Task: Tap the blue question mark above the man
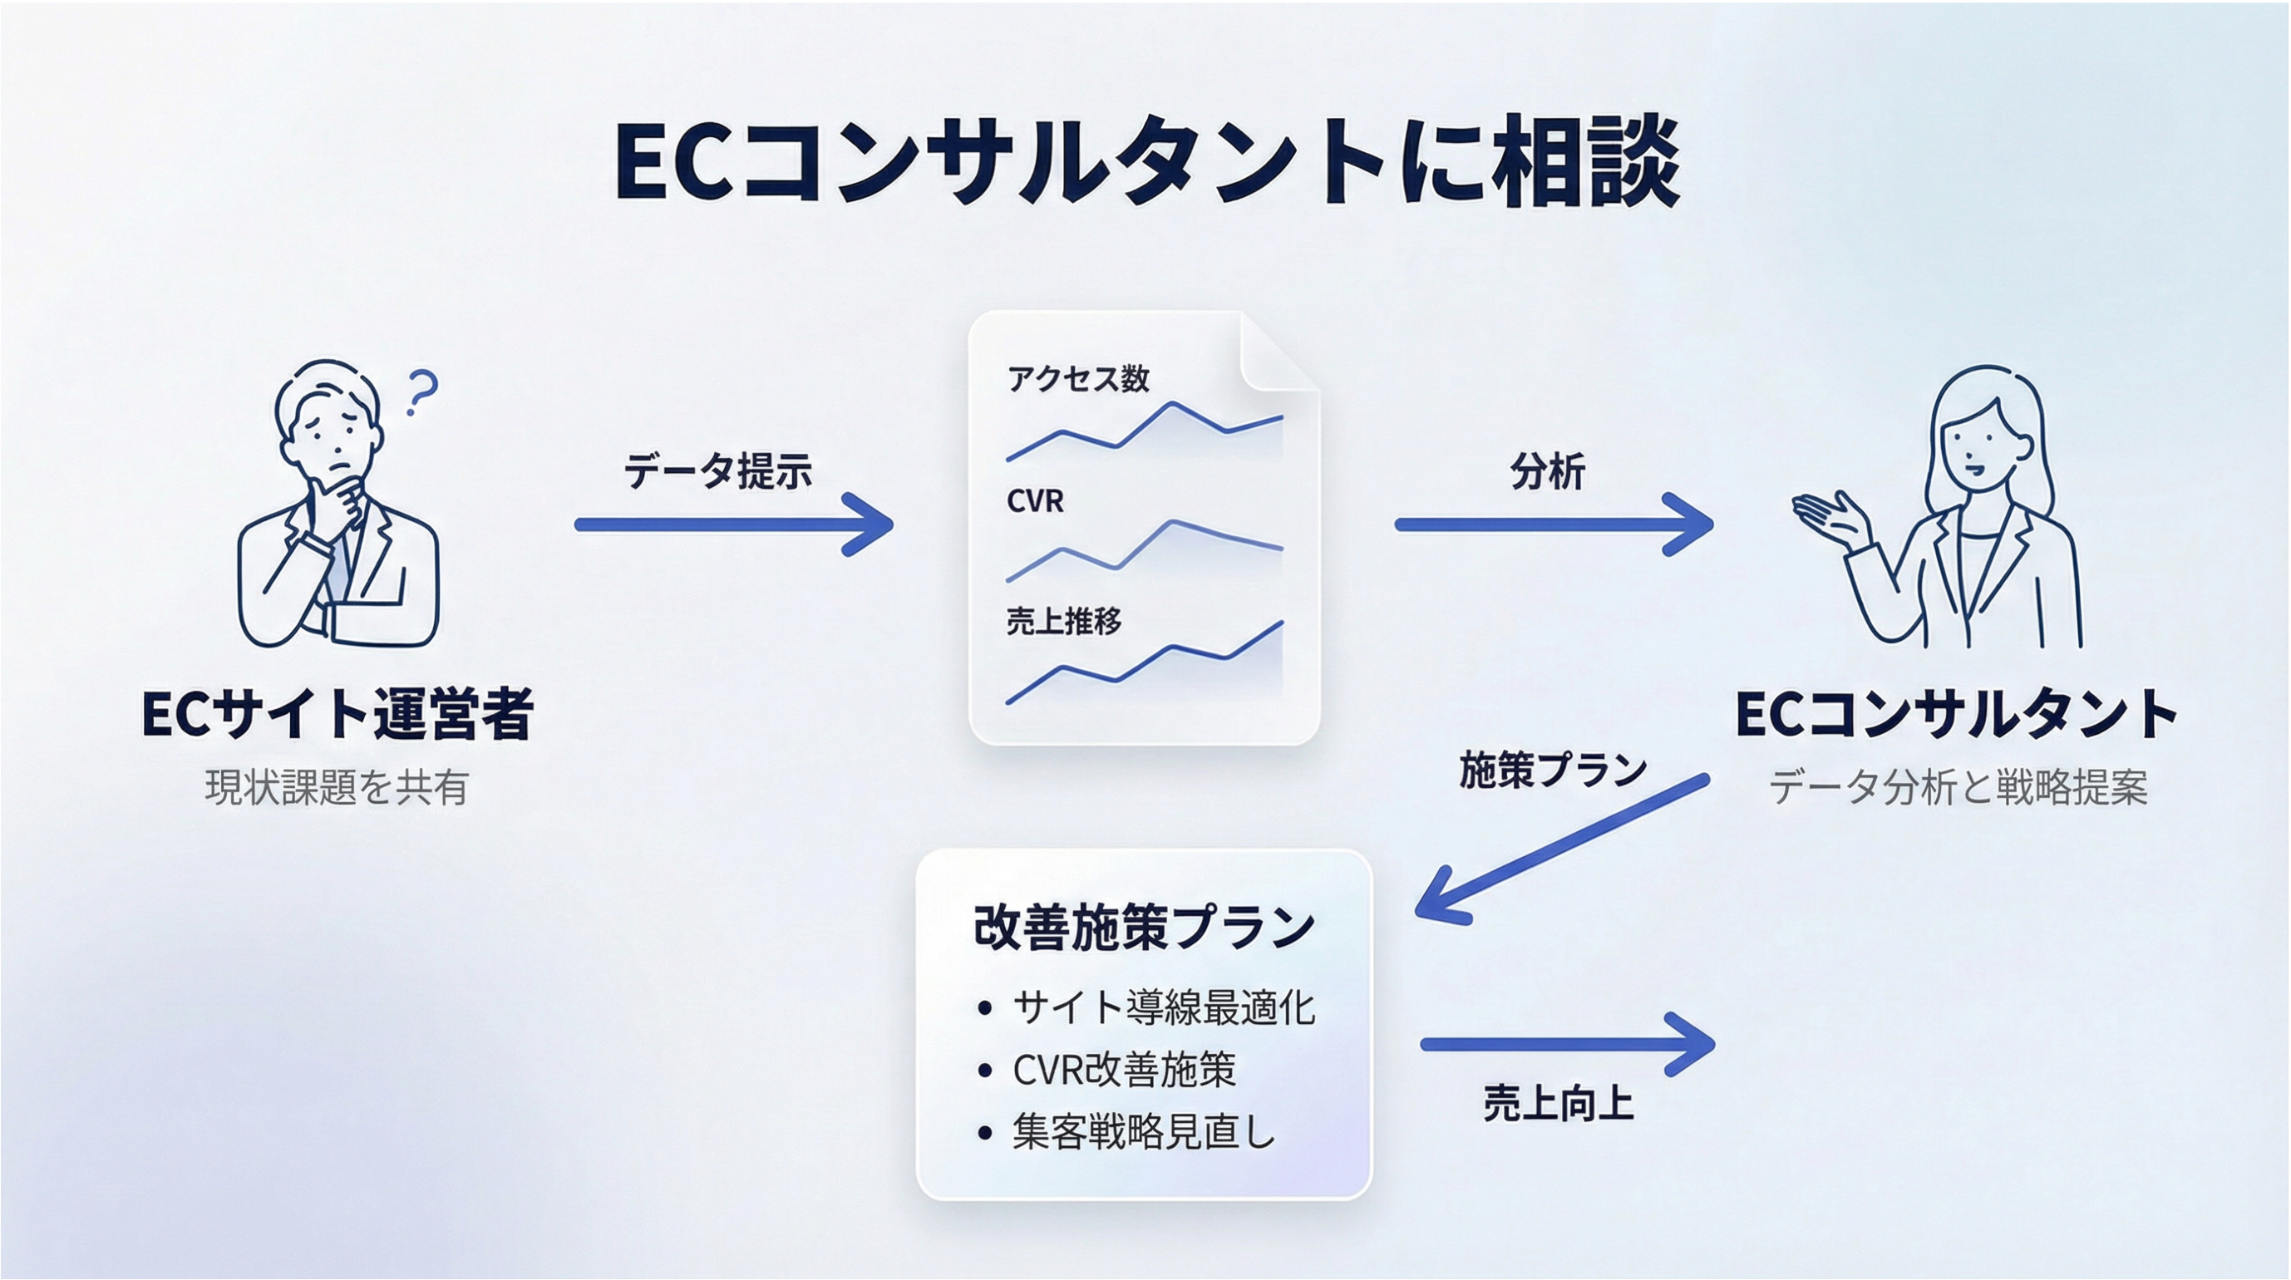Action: [x=421, y=392]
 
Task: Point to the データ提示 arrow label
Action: [x=717, y=470]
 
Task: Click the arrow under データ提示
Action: [x=734, y=524]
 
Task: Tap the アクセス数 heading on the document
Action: [x=1078, y=379]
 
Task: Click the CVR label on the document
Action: [x=1035, y=501]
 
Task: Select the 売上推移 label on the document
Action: [x=1064, y=621]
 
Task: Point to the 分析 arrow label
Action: [x=1548, y=471]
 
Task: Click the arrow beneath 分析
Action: [x=1554, y=524]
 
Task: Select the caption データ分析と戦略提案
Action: [x=1958, y=787]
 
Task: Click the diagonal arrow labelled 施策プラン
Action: [x=1562, y=849]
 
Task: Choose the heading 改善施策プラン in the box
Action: [x=1144, y=927]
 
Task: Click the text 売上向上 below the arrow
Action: [x=1558, y=1104]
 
